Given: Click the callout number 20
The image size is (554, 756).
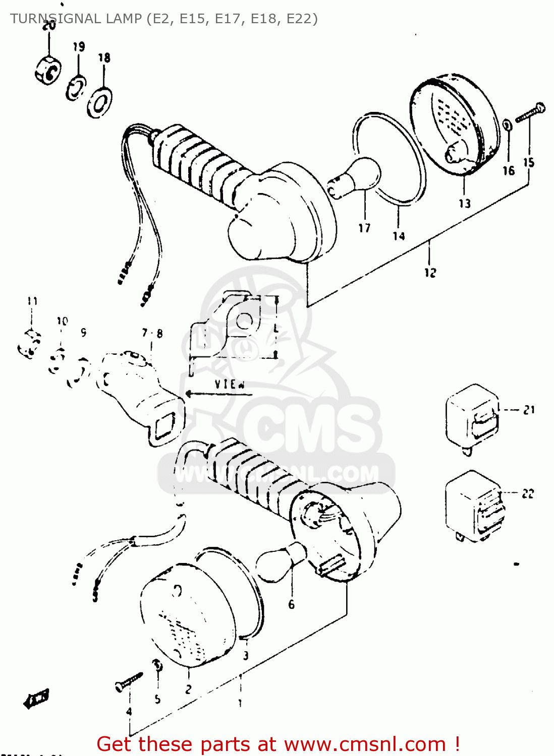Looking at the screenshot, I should pyautogui.click(x=49, y=25).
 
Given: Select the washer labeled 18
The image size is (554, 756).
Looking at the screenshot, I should pyautogui.click(x=99, y=103).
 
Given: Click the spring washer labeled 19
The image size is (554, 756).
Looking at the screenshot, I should pyautogui.click(x=76, y=88).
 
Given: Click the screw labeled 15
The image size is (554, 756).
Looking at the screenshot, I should pyautogui.click(x=530, y=112).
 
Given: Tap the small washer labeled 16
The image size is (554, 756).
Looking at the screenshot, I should pyautogui.click(x=508, y=124).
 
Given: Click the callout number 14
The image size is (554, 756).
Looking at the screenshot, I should pyautogui.click(x=399, y=236).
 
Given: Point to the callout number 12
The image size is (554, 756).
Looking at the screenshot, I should pyautogui.click(x=430, y=273).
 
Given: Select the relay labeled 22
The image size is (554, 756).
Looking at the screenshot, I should pyautogui.click(x=474, y=507).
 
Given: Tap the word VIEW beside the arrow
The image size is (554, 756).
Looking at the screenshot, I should pyautogui.click(x=230, y=384).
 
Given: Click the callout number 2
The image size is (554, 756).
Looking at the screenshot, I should pyautogui.click(x=188, y=689).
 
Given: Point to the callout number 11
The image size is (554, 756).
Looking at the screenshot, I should pyautogui.click(x=32, y=301).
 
